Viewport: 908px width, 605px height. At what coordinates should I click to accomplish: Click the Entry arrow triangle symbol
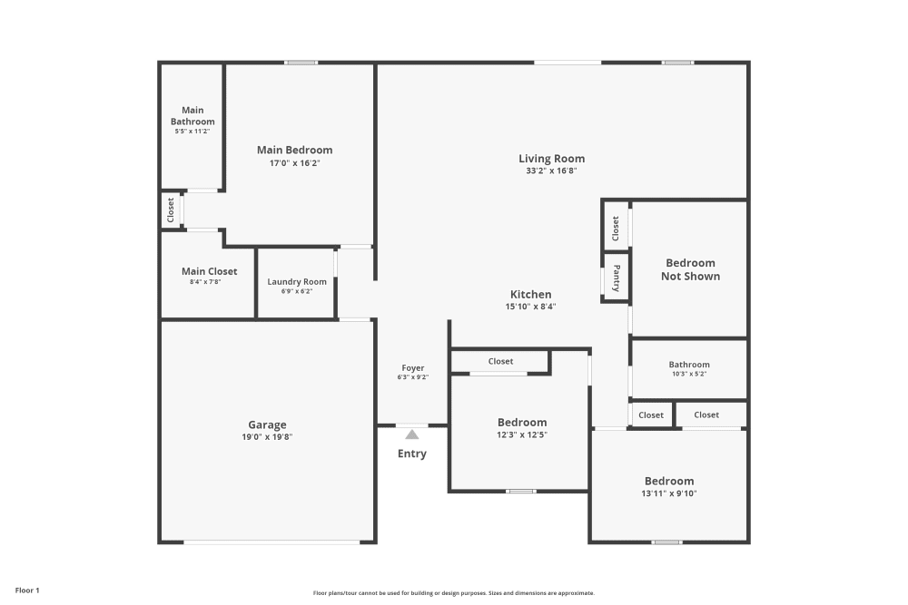(x=412, y=434)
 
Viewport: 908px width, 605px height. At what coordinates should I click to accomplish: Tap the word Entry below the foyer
(x=412, y=454)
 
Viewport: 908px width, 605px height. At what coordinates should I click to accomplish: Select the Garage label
(x=267, y=424)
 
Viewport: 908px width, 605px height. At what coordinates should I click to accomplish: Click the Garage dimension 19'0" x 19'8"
(x=267, y=436)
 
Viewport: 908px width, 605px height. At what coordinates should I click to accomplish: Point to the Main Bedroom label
(x=294, y=150)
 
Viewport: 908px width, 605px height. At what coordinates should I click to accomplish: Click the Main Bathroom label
(x=192, y=116)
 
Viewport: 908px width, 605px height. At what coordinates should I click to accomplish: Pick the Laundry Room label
(x=297, y=281)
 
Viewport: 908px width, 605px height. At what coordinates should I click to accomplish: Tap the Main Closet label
(x=209, y=271)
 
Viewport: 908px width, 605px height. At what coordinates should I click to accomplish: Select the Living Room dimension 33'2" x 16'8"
(x=551, y=171)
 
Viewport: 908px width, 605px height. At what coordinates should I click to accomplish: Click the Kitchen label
(x=530, y=295)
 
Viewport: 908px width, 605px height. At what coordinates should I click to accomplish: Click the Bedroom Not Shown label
(x=690, y=269)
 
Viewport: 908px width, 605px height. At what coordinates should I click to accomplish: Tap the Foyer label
(x=412, y=368)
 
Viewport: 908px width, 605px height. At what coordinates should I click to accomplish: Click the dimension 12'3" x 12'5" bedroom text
(x=522, y=434)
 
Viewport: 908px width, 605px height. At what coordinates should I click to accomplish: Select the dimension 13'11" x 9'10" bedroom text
(x=669, y=493)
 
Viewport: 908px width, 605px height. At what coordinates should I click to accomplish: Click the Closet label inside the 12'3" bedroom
(x=500, y=361)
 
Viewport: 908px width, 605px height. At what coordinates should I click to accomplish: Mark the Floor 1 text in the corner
(x=26, y=590)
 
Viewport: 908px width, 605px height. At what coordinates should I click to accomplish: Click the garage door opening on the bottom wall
(x=271, y=542)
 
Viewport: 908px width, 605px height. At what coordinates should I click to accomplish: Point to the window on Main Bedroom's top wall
(x=301, y=63)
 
